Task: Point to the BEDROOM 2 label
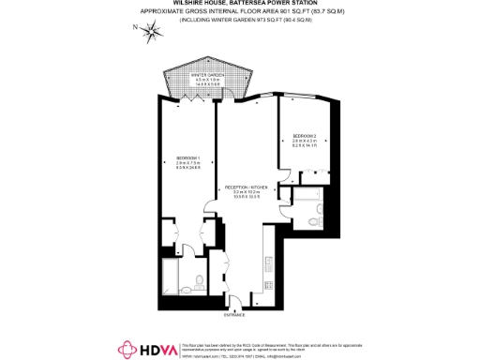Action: (306, 137)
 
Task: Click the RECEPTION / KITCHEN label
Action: (247, 188)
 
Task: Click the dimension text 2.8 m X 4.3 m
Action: (306, 142)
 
